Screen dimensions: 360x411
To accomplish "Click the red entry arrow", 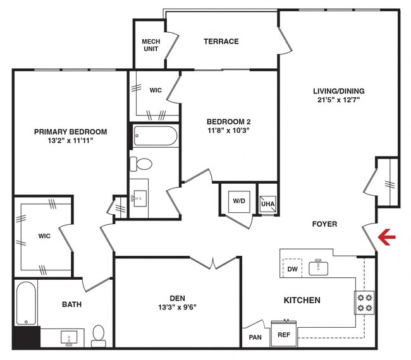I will click(x=386, y=237).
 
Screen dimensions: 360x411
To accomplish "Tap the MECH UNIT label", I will click(x=150, y=45).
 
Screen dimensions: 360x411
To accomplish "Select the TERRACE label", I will click(x=221, y=42).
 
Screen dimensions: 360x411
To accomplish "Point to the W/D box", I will click(x=238, y=201).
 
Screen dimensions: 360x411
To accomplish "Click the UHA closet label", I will click(x=267, y=203).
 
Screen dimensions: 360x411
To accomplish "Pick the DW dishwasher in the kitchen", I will click(x=292, y=269).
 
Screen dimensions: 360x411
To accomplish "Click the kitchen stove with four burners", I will click(x=365, y=303).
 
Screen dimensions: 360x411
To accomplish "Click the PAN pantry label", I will click(x=255, y=337).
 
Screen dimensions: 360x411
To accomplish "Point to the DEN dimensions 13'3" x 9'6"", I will click(x=176, y=309).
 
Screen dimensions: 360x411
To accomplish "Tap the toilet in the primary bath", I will click(x=98, y=335).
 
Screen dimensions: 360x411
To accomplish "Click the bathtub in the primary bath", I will click(x=26, y=304).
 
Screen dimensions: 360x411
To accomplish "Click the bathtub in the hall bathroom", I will click(x=156, y=136).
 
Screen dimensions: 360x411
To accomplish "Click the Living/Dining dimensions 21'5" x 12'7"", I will click(x=340, y=100).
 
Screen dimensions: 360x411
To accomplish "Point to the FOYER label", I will click(x=324, y=224).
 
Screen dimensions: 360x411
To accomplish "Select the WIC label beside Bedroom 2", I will click(x=156, y=90).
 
